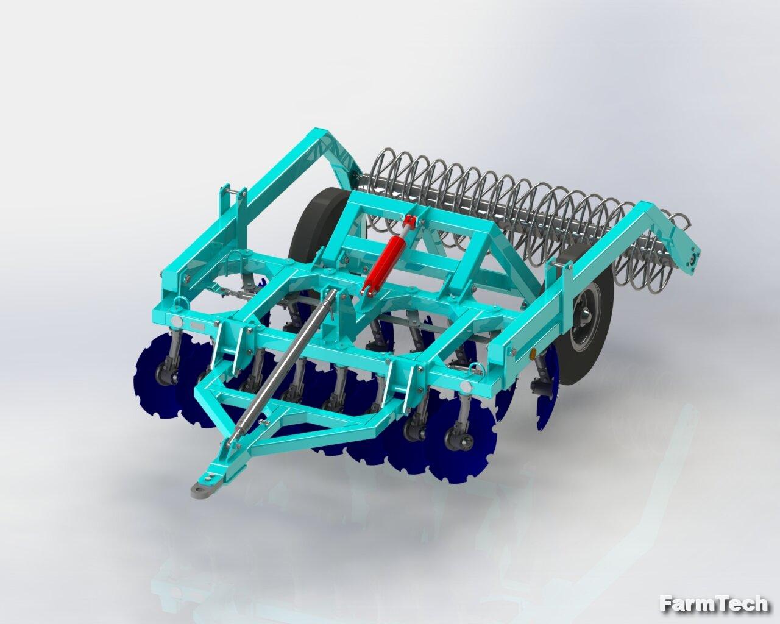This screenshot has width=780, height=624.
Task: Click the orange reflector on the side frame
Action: click(533, 354)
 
